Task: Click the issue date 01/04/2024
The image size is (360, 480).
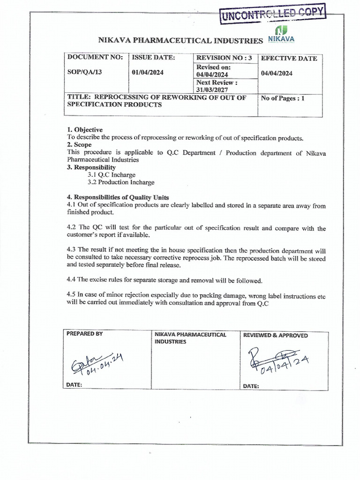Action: [x=148, y=73]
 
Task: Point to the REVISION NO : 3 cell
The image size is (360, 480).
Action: [x=225, y=58]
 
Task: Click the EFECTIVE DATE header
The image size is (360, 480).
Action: [x=289, y=59]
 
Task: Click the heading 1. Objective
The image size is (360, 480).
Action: [x=85, y=130]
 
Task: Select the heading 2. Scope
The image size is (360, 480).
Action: [x=79, y=145]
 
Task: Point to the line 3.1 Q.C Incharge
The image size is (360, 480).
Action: [x=111, y=175]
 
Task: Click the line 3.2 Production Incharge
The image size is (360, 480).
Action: [x=120, y=182]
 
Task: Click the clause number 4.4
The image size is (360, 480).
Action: [x=71, y=280]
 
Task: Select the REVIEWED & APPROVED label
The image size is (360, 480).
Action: [x=275, y=335]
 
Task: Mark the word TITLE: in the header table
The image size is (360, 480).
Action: [x=78, y=97]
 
